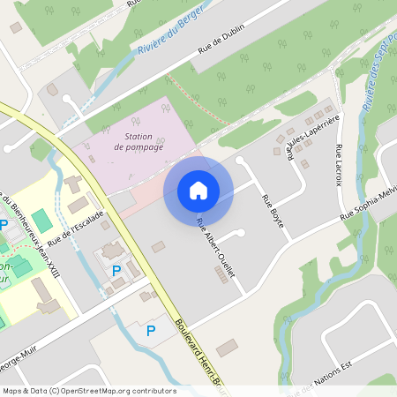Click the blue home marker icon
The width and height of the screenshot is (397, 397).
(x=198, y=190)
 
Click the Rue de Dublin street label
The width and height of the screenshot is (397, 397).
(x=221, y=40)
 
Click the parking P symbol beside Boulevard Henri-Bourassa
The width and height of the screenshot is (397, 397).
(x=150, y=331)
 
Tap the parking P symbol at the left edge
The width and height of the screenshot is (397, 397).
(x=4, y=225)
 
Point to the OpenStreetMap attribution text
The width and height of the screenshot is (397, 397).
(x=88, y=391)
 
